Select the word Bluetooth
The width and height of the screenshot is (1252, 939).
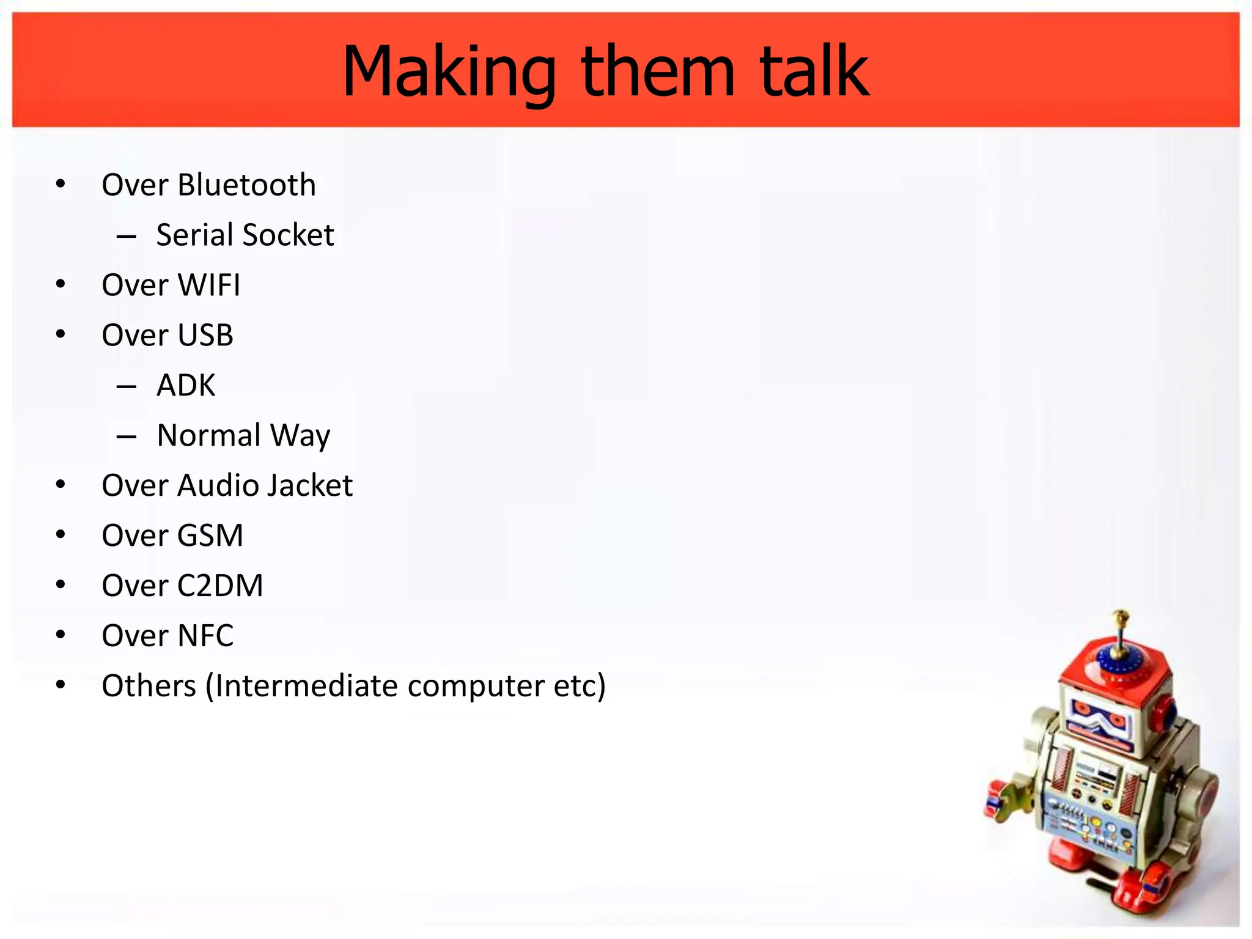(246, 185)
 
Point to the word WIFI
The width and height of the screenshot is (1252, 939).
(209, 285)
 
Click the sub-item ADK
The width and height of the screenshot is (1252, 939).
(186, 386)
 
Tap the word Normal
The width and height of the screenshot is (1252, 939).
(208, 436)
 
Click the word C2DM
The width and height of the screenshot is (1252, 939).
(220, 586)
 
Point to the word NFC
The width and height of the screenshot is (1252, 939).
(205, 636)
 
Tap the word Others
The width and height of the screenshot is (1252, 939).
(149, 687)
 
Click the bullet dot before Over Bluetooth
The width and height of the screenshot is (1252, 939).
(61, 184)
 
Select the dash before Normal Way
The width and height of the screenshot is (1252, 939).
(126, 436)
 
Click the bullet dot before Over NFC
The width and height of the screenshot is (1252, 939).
(61, 635)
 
